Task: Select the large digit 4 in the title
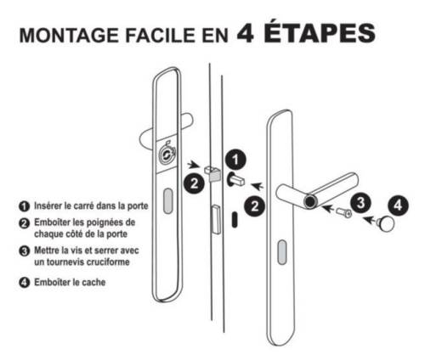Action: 245,33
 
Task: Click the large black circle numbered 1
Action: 235,160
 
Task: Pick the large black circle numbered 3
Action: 360,203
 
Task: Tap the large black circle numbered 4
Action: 398,205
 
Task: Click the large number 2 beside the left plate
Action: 194,183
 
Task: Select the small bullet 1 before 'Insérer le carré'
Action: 25,206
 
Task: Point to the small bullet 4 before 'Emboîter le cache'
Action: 25,283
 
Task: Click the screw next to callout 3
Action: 344,212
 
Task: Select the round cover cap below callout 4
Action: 386,223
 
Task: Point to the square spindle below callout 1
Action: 235,179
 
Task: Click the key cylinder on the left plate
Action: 167,155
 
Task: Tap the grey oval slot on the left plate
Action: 168,201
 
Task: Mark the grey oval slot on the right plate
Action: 282,252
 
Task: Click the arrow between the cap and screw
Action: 370,219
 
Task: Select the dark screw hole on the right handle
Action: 310,201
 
